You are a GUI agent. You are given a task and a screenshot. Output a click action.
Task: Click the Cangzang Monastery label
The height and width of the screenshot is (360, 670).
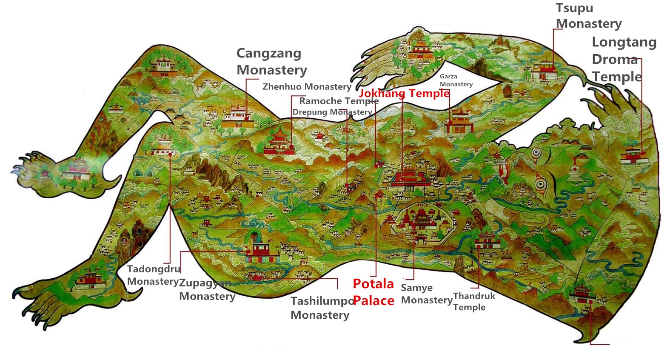271,62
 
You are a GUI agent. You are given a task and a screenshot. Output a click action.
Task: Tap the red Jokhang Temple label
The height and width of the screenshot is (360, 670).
404,93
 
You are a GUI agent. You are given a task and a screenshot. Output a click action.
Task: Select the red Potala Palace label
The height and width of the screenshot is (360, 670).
373,292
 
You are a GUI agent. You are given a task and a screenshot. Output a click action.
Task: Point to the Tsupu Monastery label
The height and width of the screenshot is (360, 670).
588,16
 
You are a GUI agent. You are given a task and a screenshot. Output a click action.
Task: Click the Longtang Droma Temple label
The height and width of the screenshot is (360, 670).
624,59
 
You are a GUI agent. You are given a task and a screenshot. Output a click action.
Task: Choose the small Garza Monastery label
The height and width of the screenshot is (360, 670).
456,80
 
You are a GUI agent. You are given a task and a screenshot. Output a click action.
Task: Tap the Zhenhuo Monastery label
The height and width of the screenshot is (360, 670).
306,87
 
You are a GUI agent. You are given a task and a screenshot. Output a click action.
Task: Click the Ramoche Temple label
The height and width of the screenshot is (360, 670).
339,101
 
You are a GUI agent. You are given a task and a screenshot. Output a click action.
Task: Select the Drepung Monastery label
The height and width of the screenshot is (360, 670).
332,112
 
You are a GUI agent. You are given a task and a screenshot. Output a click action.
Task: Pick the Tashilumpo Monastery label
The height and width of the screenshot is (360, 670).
321,308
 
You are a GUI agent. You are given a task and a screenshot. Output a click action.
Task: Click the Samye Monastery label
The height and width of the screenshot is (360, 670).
426,294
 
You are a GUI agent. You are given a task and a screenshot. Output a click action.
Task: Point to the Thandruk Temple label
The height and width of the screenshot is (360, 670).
473,301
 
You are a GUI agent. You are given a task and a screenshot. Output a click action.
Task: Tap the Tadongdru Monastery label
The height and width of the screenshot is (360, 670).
153,275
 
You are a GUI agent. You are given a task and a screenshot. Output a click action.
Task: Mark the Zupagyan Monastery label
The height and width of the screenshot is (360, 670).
207,289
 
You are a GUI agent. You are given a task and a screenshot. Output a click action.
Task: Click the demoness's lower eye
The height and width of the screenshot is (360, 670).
540,184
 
